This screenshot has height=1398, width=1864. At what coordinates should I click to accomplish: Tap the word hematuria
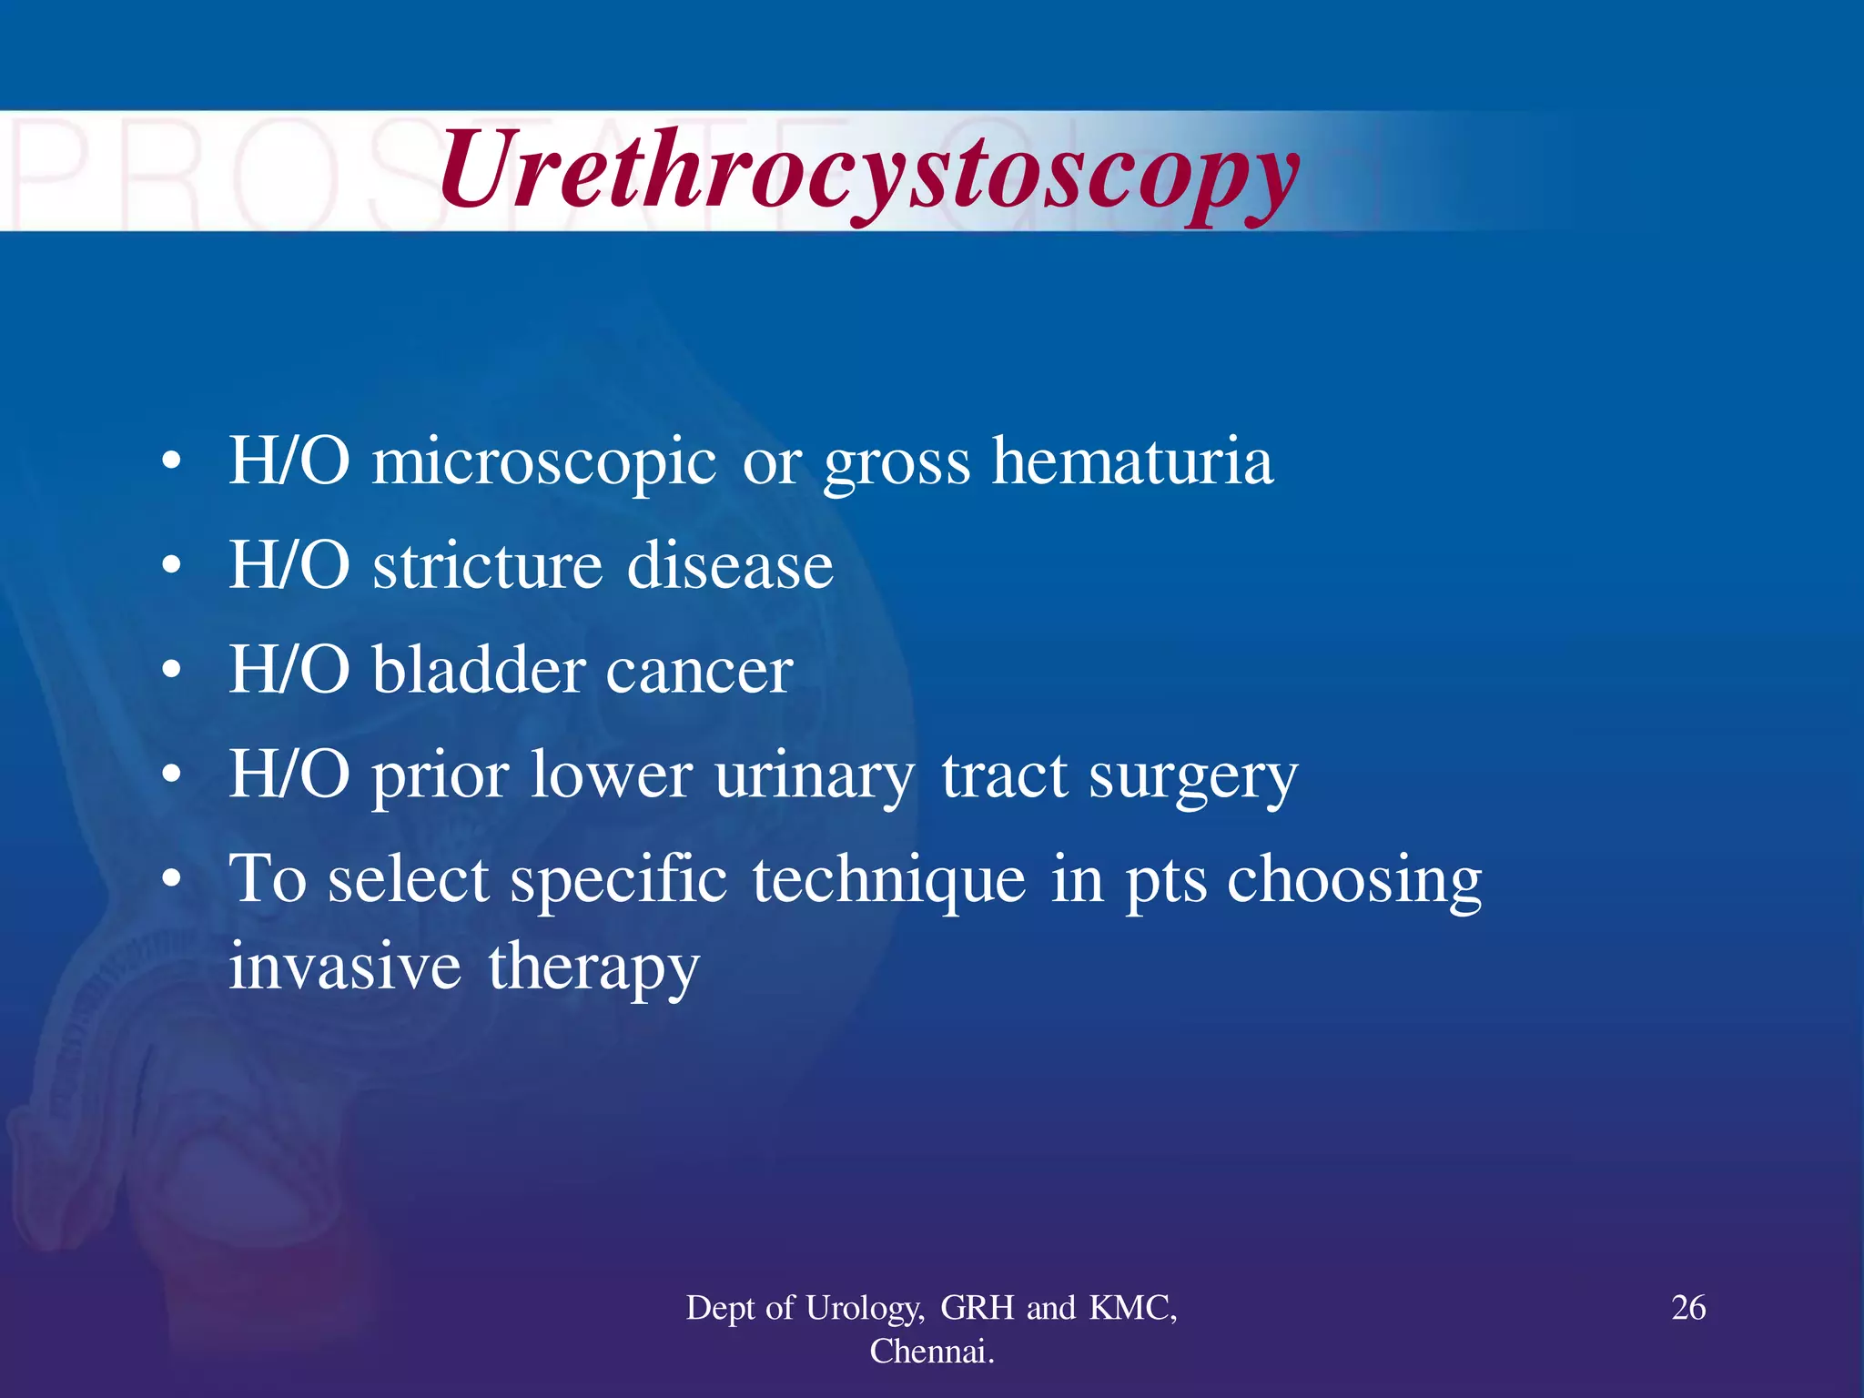click(1132, 461)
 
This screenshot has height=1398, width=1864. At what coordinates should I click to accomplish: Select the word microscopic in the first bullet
click(544, 463)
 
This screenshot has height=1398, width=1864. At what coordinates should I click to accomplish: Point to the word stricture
click(487, 566)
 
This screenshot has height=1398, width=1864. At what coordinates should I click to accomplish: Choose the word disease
click(730, 566)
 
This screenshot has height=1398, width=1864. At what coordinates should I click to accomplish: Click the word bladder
click(479, 671)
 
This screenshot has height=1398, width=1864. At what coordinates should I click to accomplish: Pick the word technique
click(889, 881)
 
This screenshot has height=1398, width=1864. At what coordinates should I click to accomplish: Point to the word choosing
click(1354, 881)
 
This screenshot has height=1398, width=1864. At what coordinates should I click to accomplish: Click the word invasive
click(345, 967)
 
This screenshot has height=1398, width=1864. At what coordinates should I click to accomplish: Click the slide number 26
click(1688, 1308)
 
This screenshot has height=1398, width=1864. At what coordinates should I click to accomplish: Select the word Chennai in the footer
click(930, 1352)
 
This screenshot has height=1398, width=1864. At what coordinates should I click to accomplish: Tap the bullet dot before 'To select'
click(171, 881)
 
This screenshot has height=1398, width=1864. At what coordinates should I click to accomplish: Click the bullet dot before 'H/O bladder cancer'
click(171, 672)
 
